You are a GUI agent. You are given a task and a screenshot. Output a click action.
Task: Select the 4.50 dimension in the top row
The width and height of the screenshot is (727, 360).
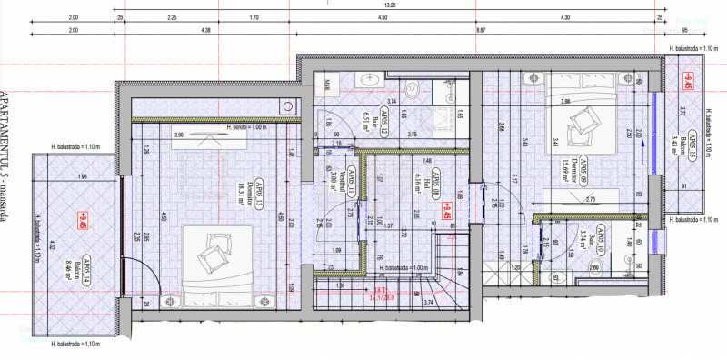(x=383, y=17)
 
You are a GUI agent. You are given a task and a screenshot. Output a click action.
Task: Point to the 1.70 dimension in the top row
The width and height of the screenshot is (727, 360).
(x=254, y=17)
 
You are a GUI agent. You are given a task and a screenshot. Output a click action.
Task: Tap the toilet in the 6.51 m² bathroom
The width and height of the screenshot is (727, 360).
(x=411, y=89)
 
